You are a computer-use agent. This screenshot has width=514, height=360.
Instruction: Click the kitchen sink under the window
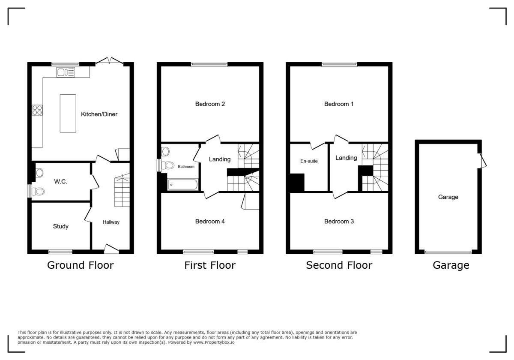(66, 72)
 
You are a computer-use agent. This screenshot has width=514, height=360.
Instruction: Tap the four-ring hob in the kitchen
(37, 110)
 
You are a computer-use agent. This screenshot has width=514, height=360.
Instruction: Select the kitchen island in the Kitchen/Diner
(68, 114)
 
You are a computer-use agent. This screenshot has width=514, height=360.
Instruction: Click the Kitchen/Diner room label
(99, 114)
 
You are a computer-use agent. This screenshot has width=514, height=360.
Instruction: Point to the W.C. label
(60, 181)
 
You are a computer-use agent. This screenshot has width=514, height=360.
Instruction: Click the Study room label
(61, 226)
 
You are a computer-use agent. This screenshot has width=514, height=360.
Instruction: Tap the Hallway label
(111, 222)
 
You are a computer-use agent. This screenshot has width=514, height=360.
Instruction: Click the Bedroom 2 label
(210, 104)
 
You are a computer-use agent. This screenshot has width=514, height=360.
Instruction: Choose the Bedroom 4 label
(210, 221)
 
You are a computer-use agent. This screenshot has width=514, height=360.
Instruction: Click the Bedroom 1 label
(339, 104)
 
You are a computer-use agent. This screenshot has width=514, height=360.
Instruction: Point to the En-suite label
(308, 161)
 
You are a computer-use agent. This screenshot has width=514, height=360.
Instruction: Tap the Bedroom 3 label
(339, 221)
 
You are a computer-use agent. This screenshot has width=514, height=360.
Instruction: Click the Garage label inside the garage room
(448, 197)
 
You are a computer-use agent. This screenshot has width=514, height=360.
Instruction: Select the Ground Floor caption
(80, 265)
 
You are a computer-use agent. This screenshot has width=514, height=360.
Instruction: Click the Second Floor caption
(339, 265)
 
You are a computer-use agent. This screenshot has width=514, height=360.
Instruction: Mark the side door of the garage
(483, 160)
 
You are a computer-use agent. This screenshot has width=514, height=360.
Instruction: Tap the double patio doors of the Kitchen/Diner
(109, 61)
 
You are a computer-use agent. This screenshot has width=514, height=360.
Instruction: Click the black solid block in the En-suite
(297, 182)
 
